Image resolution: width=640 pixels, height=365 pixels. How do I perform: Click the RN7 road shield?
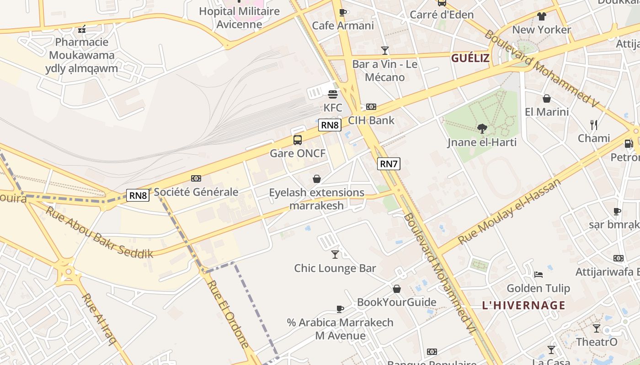tap(389, 164)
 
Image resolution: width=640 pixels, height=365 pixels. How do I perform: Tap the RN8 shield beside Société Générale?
tap(138, 195)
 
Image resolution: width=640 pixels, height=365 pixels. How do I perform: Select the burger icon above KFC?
tap(333, 94)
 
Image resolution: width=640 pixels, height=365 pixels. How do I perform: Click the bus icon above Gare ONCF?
tap(298, 140)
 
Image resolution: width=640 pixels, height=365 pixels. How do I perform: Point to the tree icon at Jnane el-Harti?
tap(482, 129)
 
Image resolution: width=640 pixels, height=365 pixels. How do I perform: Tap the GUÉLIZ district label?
tap(470, 58)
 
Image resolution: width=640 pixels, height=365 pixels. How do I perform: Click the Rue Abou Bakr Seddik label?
tap(100, 233)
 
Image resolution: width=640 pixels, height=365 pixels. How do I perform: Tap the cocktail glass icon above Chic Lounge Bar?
tap(335, 255)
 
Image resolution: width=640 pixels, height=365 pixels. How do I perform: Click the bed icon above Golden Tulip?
tap(539, 275)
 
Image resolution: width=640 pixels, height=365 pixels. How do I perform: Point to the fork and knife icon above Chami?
tap(594, 125)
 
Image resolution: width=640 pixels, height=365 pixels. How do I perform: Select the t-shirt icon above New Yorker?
tap(542, 17)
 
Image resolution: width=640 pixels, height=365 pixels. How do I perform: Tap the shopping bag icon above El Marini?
tap(546, 99)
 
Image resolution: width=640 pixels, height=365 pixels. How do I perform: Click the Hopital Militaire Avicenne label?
tap(239, 17)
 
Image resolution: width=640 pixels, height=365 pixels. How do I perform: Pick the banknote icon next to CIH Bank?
tap(371, 107)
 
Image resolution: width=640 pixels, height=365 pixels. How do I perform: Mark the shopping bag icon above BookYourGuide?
tap(397, 289)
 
